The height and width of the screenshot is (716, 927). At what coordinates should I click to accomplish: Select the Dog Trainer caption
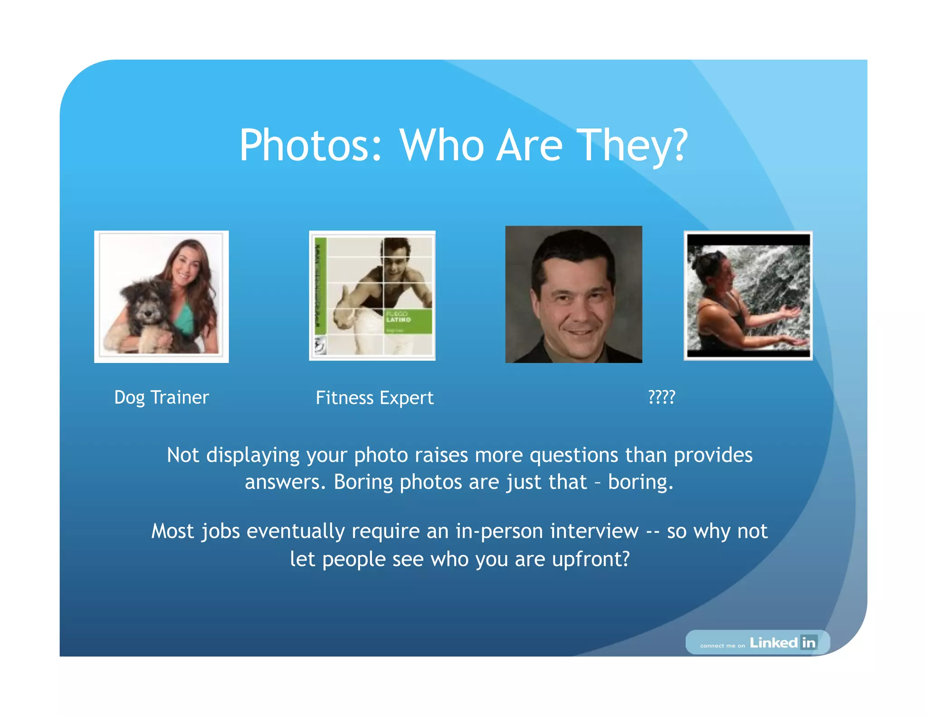pyautogui.click(x=162, y=397)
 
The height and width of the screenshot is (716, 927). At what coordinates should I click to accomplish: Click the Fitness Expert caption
pyautogui.click(x=374, y=398)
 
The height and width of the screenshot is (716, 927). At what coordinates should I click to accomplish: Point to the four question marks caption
pyautogui.click(x=661, y=397)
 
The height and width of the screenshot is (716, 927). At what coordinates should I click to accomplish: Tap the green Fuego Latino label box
pyautogui.click(x=407, y=321)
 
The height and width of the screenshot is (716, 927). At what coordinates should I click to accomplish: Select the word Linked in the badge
pyautogui.click(x=774, y=643)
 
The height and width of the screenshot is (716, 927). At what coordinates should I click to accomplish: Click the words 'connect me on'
pyautogui.click(x=722, y=645)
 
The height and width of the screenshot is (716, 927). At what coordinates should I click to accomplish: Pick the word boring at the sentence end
pyautogui.click(x=640, y=482)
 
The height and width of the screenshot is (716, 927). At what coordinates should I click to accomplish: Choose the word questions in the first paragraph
pyautogui.click(x=573, y=455)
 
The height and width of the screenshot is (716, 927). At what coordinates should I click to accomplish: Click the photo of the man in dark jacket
pyautogui.click(x=573, y=294)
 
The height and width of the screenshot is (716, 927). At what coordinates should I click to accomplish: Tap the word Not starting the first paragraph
pyautogui.click(x=183, y=455)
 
